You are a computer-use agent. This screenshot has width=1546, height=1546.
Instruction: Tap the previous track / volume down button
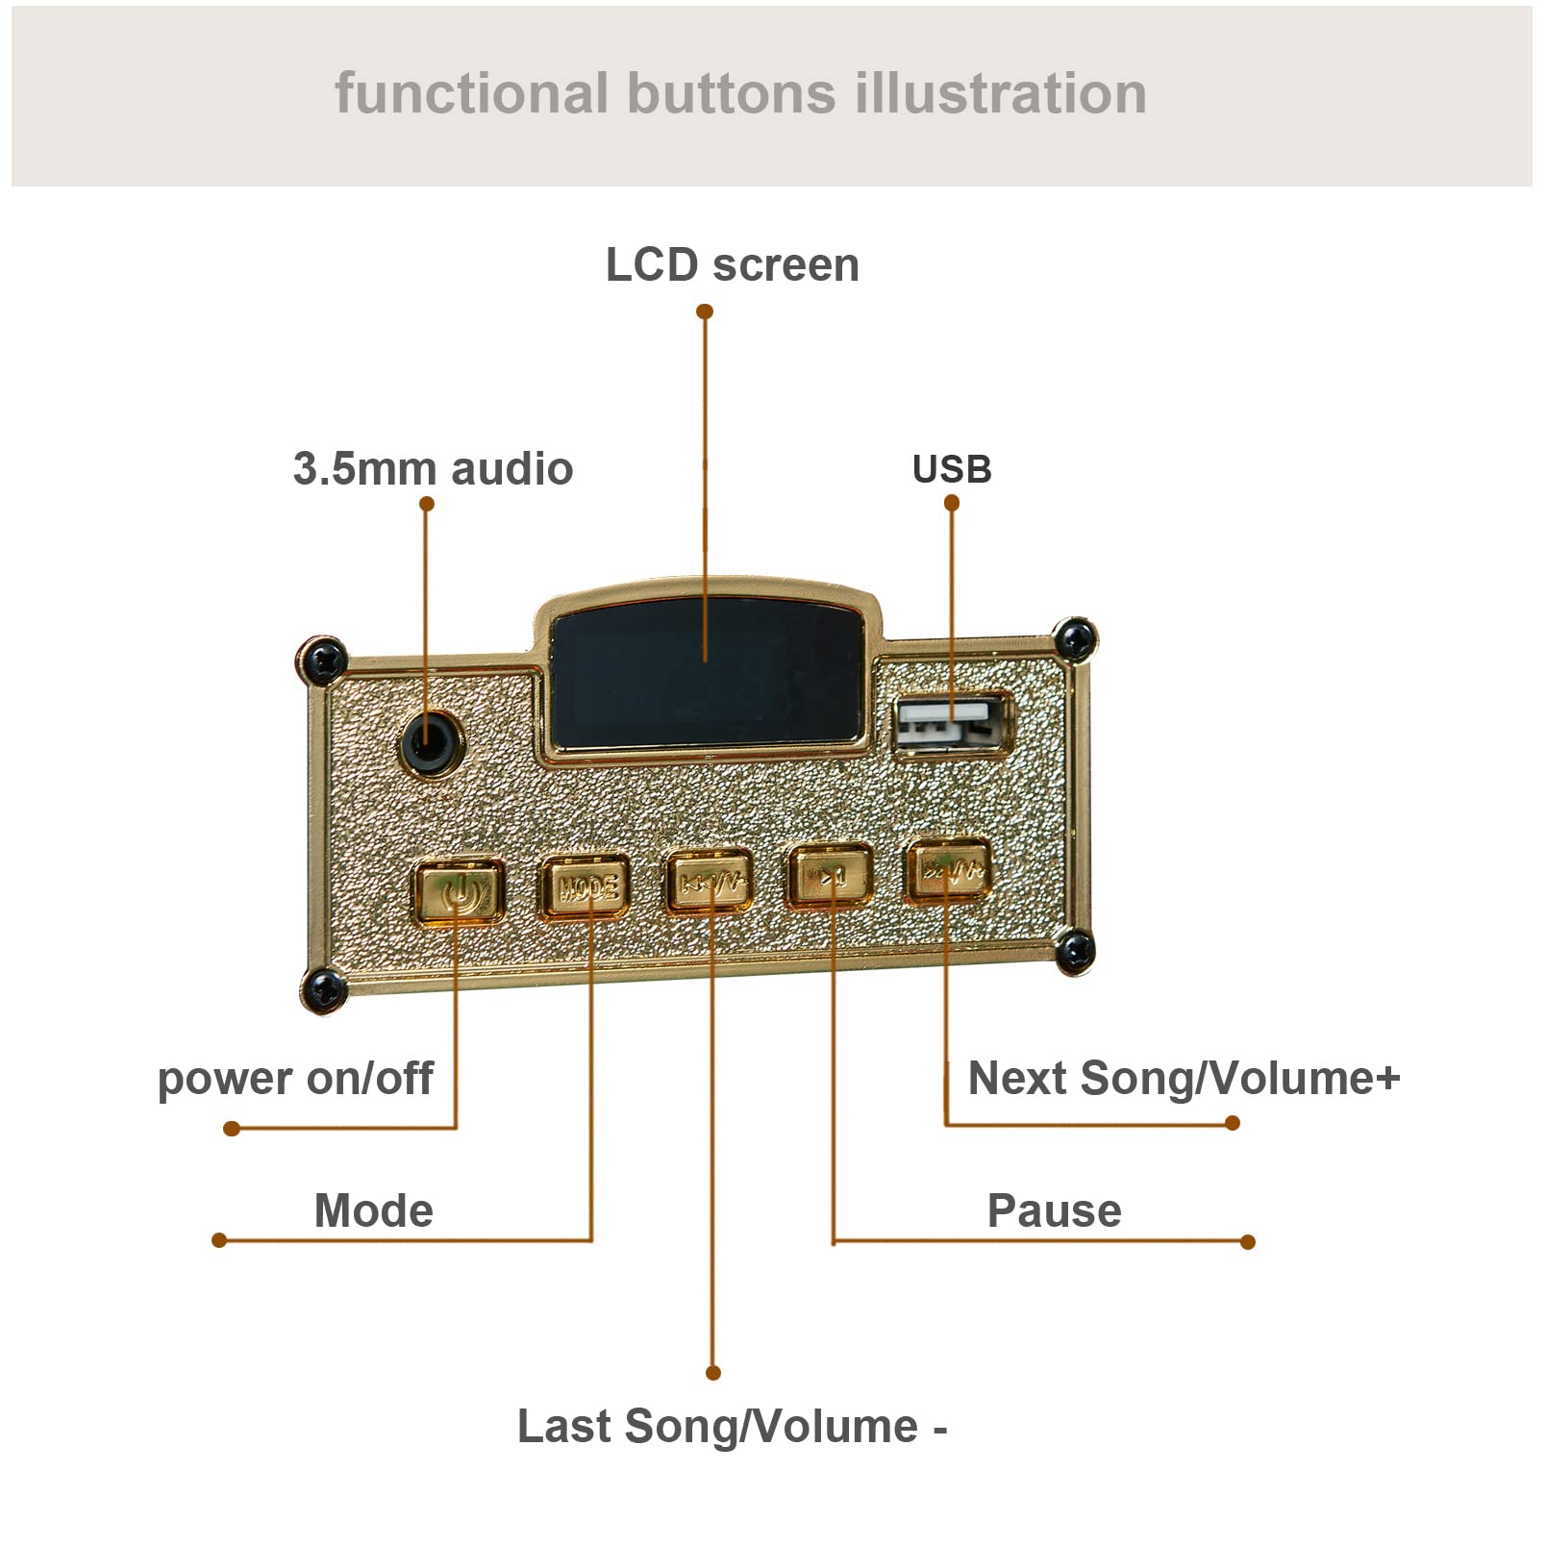pyautogui.click(x=710, y=881)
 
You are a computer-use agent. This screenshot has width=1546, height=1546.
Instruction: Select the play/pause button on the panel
pyautogui.click(x=831, y=875)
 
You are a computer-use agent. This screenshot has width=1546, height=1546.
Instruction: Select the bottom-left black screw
pyautogui.click(x=323, y=989)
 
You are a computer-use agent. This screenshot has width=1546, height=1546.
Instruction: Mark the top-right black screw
pyautogui.click(x=1075, y=638)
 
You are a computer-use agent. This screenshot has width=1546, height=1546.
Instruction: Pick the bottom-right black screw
pyautogui.click(x=1075, y=952)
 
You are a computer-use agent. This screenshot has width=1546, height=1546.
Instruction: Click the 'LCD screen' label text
pyautogui.click(x=732, y=265)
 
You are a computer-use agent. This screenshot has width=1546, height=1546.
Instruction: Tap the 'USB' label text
pyautogui.click(x=952, y=469)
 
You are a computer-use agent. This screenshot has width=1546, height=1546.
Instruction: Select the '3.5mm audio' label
pyautogui.click(x=433, y=469)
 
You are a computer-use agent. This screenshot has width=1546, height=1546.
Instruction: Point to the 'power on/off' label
pyautogui.click(x=295, y=1079)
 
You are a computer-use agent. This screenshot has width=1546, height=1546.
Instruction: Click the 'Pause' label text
pyautogui.click(x=1054, y=1211)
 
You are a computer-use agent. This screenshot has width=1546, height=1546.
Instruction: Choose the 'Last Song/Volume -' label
pyautogui.click(x=732, y=1427)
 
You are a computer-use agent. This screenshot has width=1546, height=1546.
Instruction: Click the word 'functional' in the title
pyautogui.click(x=471, y=94)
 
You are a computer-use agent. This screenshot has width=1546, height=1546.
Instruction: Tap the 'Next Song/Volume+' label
pyautogui.click(x=1184, y=1079)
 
